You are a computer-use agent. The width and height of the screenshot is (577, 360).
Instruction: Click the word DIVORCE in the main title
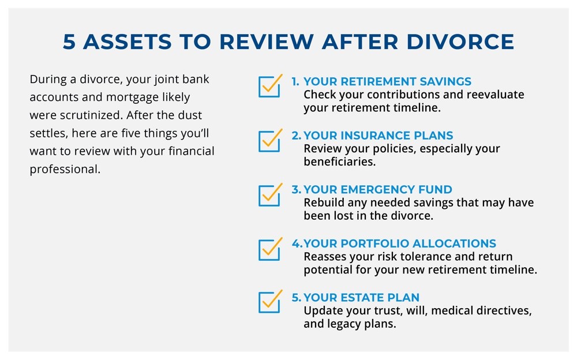pyautogui.click(x=460, y=41)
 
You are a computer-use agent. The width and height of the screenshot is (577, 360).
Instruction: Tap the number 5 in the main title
pyautogui.click(x=69, y=41)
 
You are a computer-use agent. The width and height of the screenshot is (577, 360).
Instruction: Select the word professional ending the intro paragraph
pyautogui.click(x=65, y=169)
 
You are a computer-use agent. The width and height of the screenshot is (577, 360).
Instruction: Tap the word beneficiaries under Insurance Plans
pyautogui.click(x=340, y=162)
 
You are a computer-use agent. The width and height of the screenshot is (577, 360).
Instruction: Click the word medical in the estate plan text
pyautogui.click(x=452, y=311)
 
